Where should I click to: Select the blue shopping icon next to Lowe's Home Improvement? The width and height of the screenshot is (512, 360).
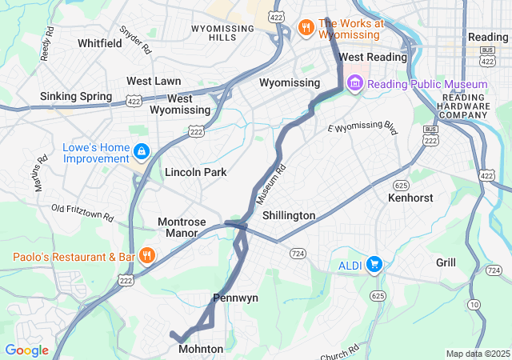point(142,151)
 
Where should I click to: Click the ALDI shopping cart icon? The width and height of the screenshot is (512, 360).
point(374,264)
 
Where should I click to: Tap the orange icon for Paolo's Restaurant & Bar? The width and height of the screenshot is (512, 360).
point(146,256)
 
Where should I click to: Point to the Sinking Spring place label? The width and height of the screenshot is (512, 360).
point(76,97)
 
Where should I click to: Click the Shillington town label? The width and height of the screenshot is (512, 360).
point(288,215)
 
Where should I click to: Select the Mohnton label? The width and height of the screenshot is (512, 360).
point(201,349)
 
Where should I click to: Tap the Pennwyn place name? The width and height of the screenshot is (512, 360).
point(235,298)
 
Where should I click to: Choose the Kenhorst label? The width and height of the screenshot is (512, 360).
point(409,197)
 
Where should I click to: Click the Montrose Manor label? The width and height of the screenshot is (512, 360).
point(182,227)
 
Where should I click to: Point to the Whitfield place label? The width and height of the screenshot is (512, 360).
point(100,42)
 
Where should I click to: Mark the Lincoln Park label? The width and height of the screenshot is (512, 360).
point(195,172)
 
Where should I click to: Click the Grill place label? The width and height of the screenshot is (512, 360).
point(446,262)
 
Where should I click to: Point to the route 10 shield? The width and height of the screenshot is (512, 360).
point(474,304)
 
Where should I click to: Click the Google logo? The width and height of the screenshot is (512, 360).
point(26,350)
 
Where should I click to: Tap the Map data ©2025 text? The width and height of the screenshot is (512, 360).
point(477,354)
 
